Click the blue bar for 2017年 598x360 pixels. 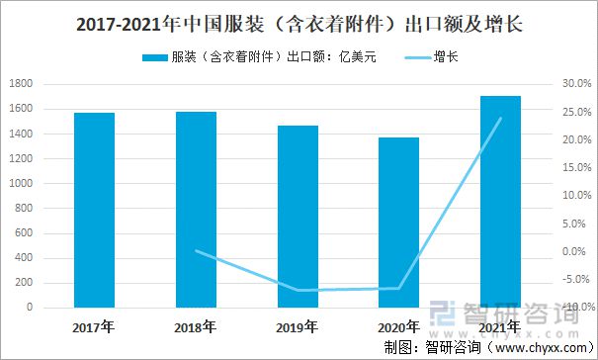pyautogui.click(x=94, y=210)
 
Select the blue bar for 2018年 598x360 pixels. pyautogui.click(x=196, y=210)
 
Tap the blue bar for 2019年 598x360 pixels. pyautogui.click(x=298, y=217)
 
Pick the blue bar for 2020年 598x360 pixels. pyautogui.click(x=398, y=223)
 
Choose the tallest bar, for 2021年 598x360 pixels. pyautogui.click(x=500, y=202)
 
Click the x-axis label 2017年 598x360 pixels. pyautogui.click(x=94, y=326)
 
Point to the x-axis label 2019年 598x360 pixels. pyautogui.click(x=298, y=326)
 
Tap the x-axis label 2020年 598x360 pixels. pyautogui.click(x=398, y=326)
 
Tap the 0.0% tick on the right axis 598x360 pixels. pyautogui.click(x=576, y=251)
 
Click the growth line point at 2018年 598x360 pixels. pyautogui.click(x=196, y=251)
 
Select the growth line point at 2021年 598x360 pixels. pyautogui.click(x=500, y=119)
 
